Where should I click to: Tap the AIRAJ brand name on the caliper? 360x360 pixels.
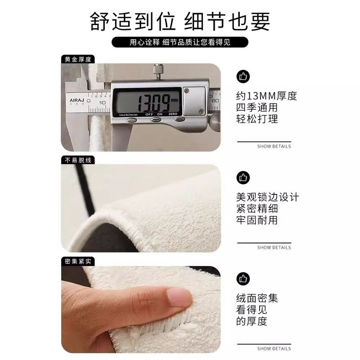74,99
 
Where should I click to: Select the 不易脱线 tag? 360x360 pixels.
74,160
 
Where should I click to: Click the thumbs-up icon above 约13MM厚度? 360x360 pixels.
243,76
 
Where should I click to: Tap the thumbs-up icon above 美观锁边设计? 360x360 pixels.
243,177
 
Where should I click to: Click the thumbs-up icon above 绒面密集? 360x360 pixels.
243,278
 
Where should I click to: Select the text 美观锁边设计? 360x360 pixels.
267,197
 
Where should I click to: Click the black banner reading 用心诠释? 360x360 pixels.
180,42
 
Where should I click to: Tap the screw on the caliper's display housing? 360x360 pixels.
196,91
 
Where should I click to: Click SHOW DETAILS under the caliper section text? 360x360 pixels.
274,146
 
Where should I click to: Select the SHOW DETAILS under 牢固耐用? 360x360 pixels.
274,247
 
